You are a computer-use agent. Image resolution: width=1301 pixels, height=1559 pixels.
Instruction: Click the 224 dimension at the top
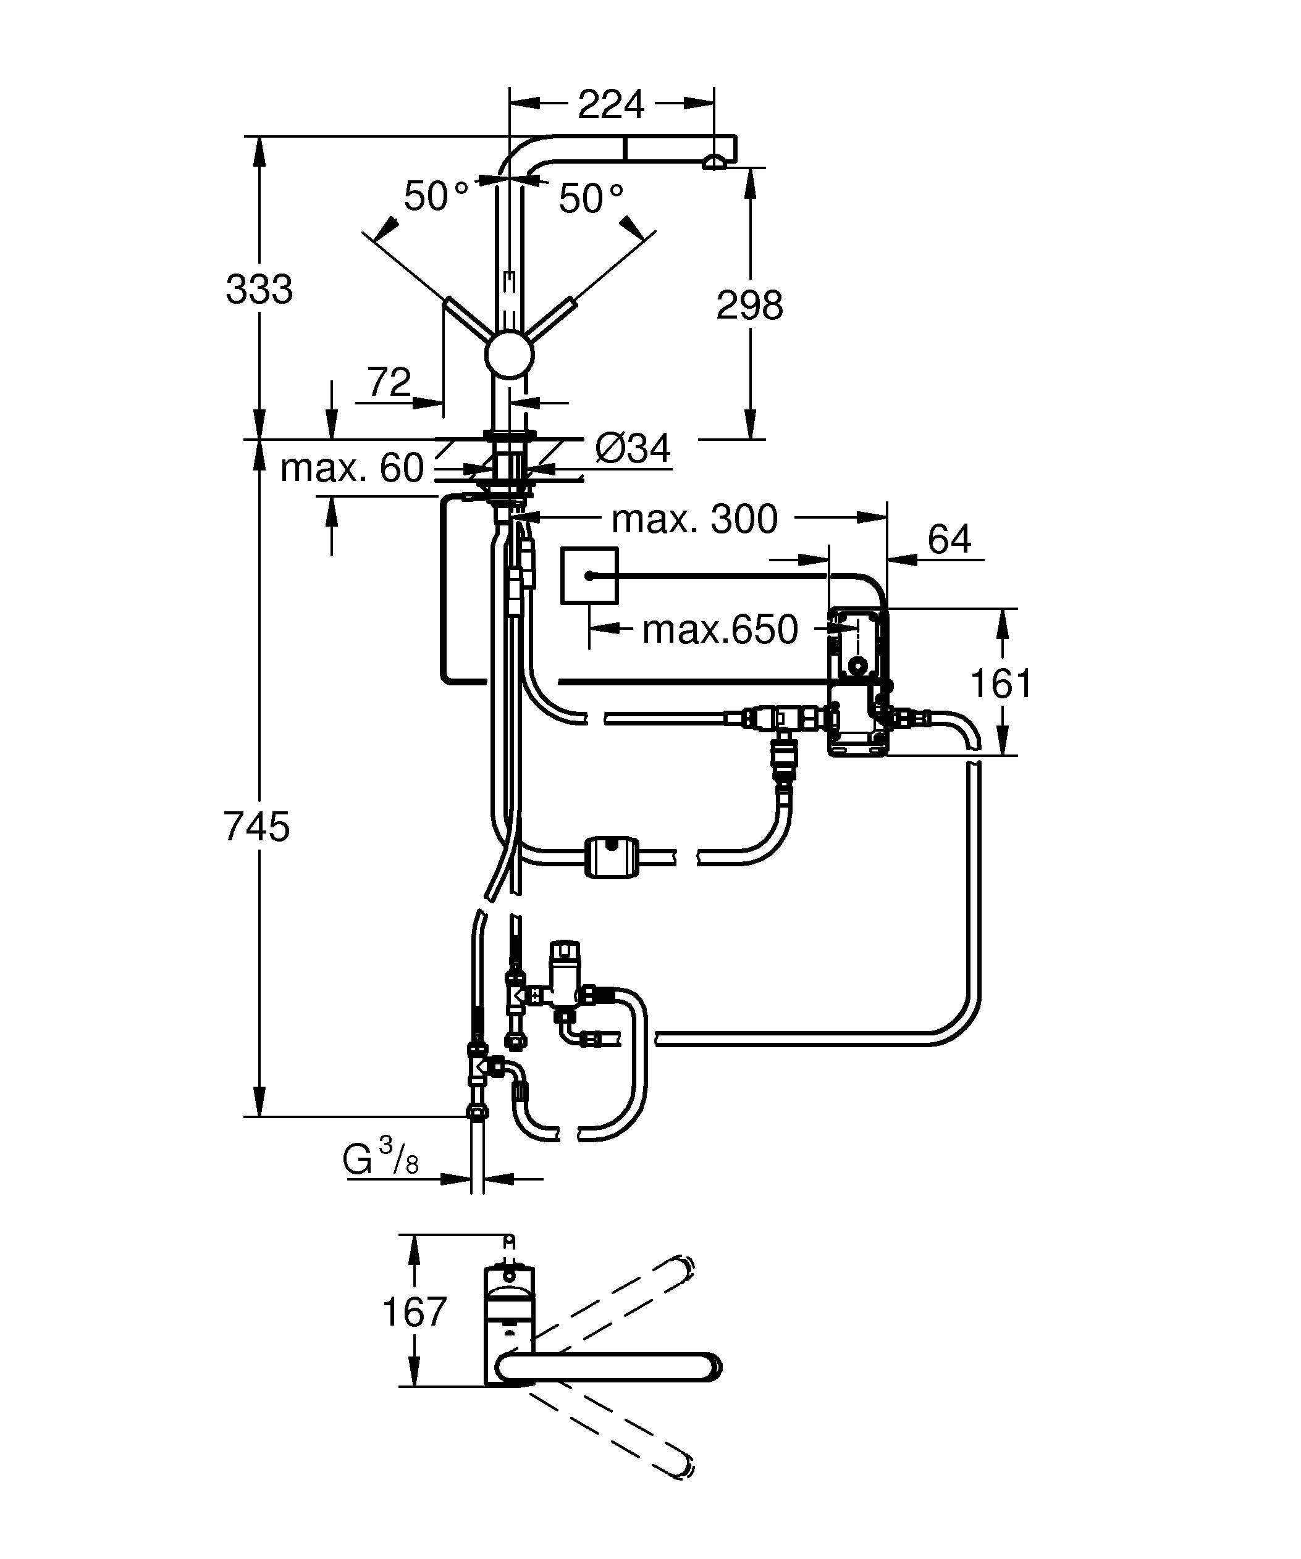point(610,105)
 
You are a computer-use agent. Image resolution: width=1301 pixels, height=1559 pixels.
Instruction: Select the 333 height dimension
point(259,290)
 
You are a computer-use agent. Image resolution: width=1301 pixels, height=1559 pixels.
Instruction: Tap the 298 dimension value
point(749,305)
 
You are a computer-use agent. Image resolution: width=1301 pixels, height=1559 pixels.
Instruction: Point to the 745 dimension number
point(257,827)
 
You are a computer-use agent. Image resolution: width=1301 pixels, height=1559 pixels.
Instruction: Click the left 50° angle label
point(436,197)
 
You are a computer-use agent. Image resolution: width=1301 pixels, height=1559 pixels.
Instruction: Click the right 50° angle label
point(591,199)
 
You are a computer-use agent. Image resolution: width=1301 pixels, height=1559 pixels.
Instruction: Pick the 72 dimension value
point(389,382)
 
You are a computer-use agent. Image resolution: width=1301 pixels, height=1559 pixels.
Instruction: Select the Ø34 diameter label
point(633,448)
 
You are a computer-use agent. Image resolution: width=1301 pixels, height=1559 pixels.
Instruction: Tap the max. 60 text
point(352,469)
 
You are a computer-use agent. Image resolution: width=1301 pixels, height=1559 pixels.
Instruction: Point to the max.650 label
point(720,630)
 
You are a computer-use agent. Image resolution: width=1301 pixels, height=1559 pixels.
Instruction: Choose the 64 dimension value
point(949,539)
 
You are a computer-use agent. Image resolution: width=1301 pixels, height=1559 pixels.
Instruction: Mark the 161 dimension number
point(1001,683)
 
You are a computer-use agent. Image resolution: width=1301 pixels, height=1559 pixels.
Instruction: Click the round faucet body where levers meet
point(510,355)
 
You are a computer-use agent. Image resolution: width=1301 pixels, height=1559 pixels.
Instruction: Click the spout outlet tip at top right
point(714,162)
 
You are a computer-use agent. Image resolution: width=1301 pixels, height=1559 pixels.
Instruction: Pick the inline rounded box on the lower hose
point(612,857)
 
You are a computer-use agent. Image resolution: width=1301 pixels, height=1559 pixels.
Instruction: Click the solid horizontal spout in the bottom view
point(609,1368)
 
